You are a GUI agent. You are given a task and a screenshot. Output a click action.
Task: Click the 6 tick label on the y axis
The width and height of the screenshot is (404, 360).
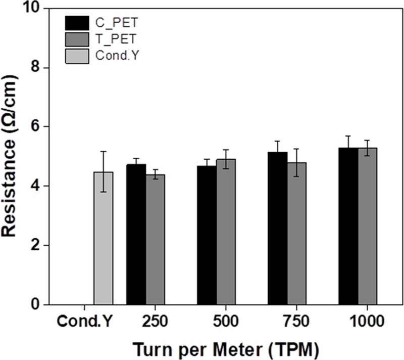click(34, 127)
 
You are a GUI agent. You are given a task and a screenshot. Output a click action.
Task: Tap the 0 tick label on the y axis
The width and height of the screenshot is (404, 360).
click(34, 305)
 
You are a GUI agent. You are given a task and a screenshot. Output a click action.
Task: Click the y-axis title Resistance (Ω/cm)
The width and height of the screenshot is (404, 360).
click(11, 157)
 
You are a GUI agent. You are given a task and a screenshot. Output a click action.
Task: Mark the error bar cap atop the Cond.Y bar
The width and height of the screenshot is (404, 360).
click(104, 151)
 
